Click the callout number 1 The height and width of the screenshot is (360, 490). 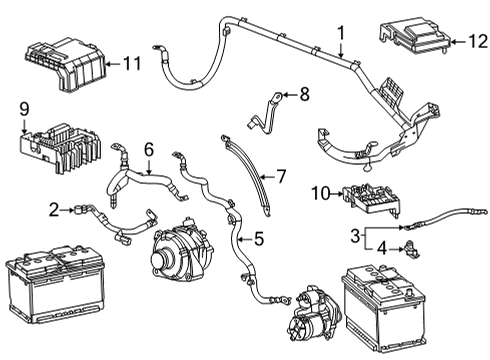coord(341,33)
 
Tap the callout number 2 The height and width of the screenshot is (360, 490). coord(53,209)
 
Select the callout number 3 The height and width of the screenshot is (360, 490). coord(355,236)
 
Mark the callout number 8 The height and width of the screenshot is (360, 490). coord(304,95)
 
